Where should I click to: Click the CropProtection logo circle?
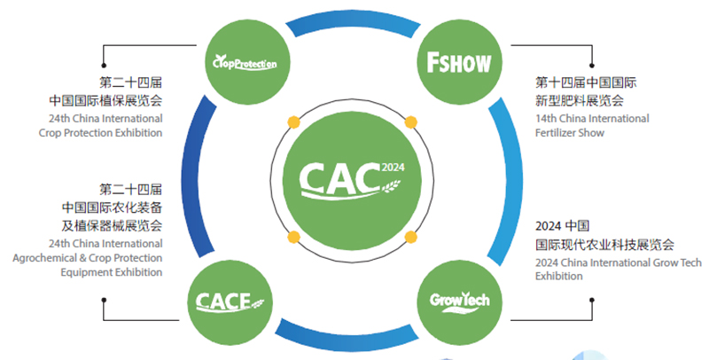[x=245, y=62]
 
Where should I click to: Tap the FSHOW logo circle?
[x=458, y=62]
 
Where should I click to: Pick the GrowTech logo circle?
[x=458, y=299]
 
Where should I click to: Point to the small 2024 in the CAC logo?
[x=392, y=165]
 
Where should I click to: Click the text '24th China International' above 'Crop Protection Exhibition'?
[x=105, y=118]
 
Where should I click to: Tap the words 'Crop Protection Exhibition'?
[x=101, y=133]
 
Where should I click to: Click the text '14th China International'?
[x=592, y=118]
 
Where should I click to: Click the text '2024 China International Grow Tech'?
[x=619, y=262]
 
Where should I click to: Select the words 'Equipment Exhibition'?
[x=113, y=272]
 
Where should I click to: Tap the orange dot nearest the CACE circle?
[x=292, y=237]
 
